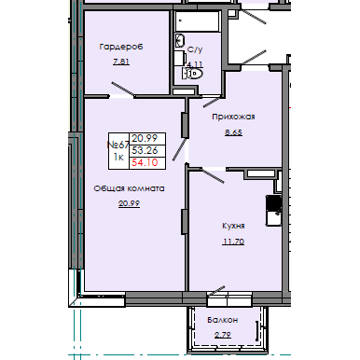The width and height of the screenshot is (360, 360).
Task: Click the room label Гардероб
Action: (119, 46)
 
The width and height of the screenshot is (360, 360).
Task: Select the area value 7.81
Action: (119, 63)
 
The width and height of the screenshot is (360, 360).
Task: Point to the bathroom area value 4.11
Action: (193, 65)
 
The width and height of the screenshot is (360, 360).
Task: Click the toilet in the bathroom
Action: (192, 73)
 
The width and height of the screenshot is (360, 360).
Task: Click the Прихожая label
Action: (234, 118)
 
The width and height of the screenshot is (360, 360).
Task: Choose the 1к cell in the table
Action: (118, 158)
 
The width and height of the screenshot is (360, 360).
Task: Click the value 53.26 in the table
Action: (144, 149)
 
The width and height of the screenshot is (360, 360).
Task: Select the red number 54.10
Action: (144, 163)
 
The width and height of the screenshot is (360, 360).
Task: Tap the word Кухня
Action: (233, 226)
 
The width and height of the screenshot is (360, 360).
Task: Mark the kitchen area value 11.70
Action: (233, 242)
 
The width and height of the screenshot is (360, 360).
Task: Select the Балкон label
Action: (222, 320)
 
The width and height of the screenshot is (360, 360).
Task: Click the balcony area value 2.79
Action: (224, 334)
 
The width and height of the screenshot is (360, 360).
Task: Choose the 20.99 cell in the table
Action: (144, 136)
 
